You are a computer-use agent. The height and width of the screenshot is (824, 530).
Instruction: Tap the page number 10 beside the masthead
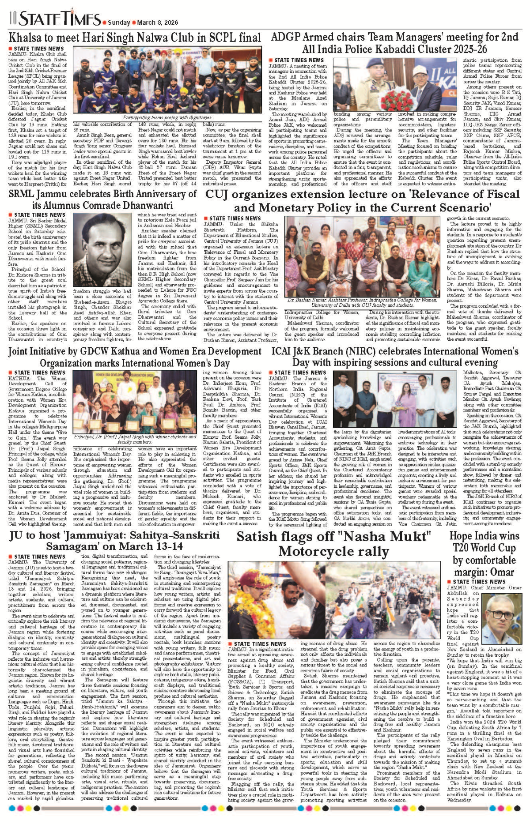pyautogui.click(x=13, y=19)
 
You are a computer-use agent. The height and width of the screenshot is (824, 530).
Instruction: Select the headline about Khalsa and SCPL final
pyautogui.click(x=135, y=38)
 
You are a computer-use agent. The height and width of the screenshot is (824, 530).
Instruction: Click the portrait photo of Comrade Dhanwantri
pyautogui.click(x=102, y=250)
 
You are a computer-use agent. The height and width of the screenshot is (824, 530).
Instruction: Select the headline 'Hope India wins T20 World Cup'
pyautogui.click(x=484, y=553)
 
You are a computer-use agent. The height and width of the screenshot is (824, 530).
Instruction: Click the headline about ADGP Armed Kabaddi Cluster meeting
pyautogui.click(x=394, y=42)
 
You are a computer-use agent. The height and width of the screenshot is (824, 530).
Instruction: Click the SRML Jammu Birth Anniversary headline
pyautogui.click(x=102, y=199)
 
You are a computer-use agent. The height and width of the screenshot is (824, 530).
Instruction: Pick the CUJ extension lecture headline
pyautogui.click(x=362, y=201)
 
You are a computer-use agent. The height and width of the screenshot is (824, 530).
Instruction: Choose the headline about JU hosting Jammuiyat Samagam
pyautogui.click(x=114, y=540)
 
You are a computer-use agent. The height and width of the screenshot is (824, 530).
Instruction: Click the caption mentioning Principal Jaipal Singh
pyautogui.click(x=135, y=439)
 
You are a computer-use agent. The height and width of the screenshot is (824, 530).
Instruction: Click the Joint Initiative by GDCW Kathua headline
pyautogui.click(x=135, y=357)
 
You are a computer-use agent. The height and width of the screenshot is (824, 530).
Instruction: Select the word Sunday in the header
pyautogui.click(x=119, y=23)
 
